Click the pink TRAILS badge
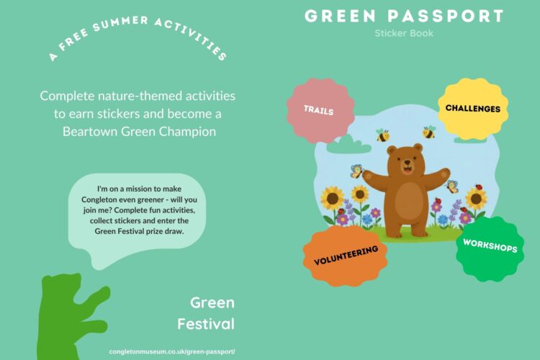tap(320, 111)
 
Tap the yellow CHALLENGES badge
tap(473, 109)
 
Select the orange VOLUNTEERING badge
tap(346, 256)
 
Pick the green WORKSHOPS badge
tap(490, 248)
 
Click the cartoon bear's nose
tap(408, 162)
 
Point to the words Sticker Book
tap(404, 33)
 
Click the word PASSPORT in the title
tap(446, 16)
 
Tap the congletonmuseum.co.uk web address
tap(172, 352)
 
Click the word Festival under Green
tap(206, 324)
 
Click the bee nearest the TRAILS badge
tap(382, 135)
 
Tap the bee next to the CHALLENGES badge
tap(429, 132)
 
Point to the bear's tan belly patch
tap(409, 199)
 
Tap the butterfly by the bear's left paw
tap(357, 171)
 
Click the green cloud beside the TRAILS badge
tap(348, 145)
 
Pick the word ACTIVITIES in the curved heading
tap(191, 38)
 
